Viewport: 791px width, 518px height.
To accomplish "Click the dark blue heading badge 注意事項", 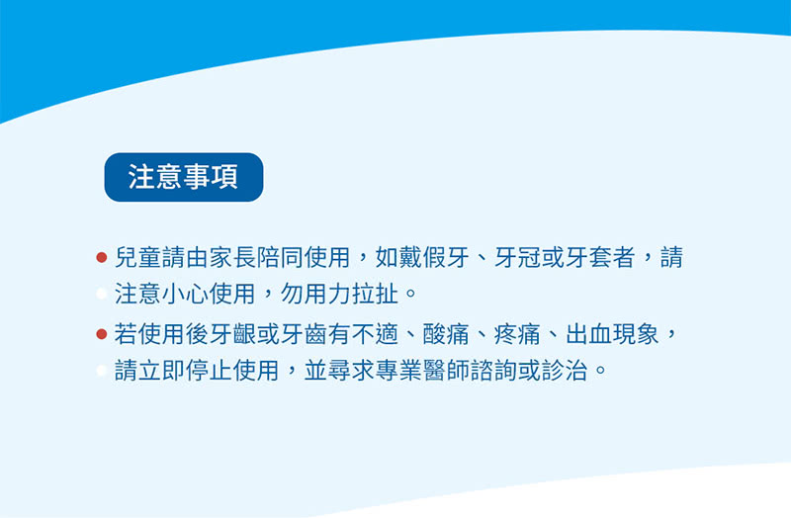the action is (x=184, y=177).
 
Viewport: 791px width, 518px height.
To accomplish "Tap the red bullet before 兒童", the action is (x=102, y=257).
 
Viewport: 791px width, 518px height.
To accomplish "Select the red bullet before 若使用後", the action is (x=102, y=334).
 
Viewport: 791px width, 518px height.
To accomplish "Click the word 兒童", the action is (x=137, y=257).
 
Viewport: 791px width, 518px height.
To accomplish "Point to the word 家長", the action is (x=232, y=257).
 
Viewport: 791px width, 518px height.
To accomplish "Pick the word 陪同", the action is (x=280, y=257).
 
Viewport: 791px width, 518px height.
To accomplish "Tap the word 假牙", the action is (x=446, y=257).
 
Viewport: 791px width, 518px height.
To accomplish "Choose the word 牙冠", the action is (x=517, y=257).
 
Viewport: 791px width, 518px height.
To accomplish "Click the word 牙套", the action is (x=588, y=257).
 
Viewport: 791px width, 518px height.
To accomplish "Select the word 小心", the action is (x=185, y=294).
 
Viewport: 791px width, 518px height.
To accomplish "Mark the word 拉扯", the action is (x=375, y=294).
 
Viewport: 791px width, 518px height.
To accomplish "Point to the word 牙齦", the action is (x=232, y=334).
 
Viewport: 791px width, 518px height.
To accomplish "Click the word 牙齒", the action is (x=304, y=334).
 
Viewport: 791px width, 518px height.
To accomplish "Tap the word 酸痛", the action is (x=446, y=334).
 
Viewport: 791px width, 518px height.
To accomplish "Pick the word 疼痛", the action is (x=517, y=334).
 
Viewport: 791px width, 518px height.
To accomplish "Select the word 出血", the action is (x=588, y=334).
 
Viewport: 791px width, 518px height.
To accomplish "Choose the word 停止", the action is (x=209, y=371).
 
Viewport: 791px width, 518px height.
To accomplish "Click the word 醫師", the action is (x=446, y=371).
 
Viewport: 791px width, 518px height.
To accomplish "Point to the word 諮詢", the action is (x=493, y=371).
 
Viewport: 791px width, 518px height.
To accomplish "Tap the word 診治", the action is (x=565, y=371).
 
